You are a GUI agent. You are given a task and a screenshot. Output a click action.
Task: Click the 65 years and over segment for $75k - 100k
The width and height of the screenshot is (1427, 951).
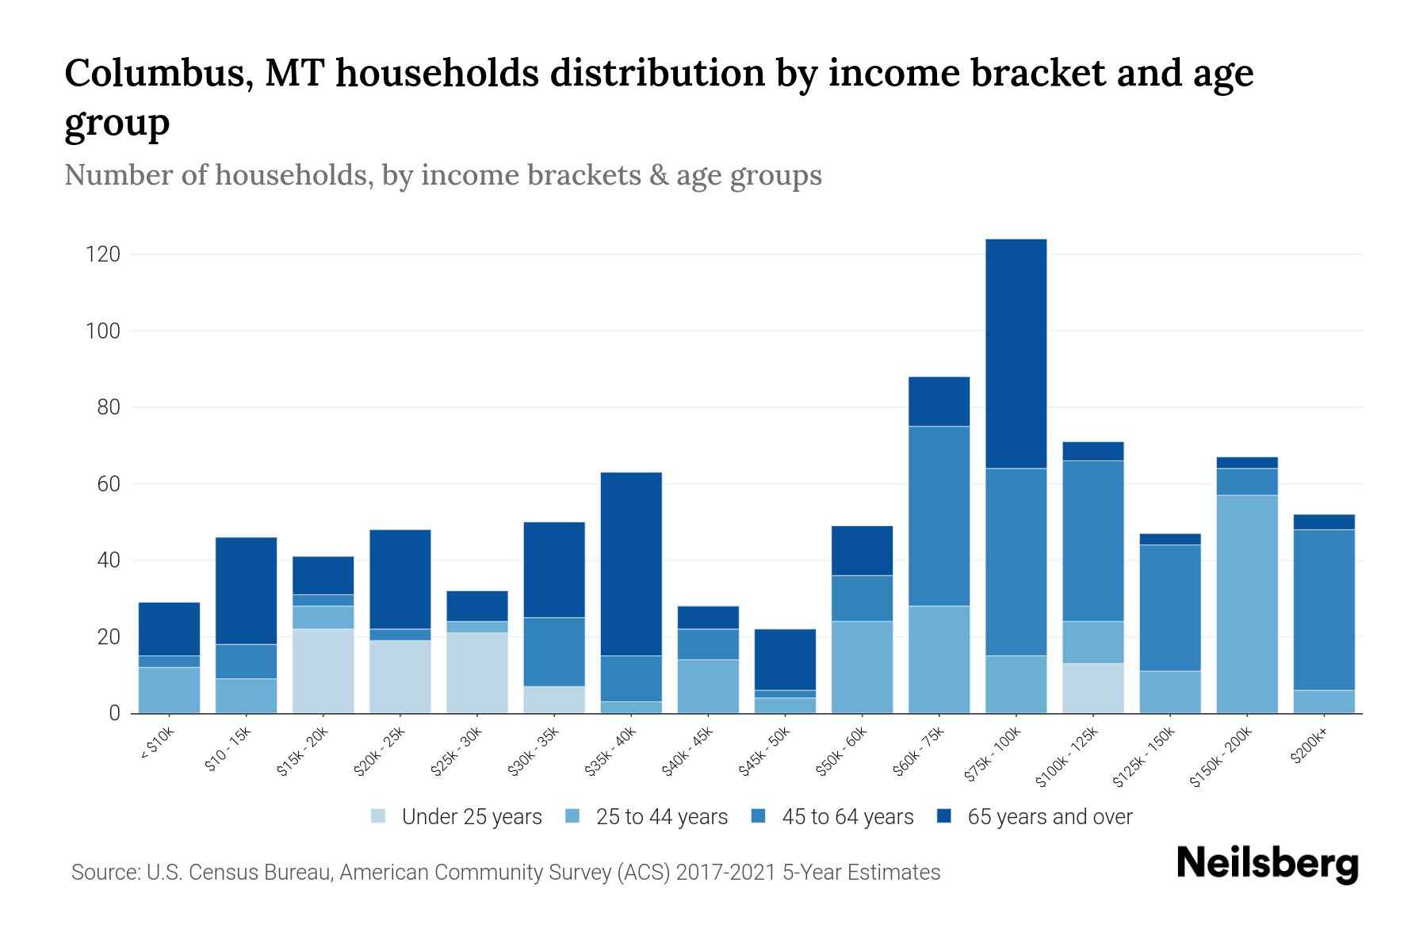[x=1016, y=353]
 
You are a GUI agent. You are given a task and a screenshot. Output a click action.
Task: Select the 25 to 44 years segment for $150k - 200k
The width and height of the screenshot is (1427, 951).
[x=1246, y=604]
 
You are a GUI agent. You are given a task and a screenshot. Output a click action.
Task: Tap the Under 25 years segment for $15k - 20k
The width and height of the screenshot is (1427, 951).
[x=323, y=670]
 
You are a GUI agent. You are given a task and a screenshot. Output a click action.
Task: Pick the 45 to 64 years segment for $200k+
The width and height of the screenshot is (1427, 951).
[x=1323, y=609]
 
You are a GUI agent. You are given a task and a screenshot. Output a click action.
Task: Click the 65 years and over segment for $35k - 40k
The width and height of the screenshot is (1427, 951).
[x=631, y=563]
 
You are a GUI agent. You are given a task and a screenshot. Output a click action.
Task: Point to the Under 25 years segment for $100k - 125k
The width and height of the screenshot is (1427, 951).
[x=1092, y=688]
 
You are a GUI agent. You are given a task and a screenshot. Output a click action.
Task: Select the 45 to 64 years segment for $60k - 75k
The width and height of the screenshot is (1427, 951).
[x=939, y=516]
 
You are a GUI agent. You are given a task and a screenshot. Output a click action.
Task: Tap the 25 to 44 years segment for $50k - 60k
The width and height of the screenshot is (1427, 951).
[x=862, y=666]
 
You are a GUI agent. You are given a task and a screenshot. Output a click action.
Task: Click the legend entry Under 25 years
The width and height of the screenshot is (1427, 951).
[x=471, y=816]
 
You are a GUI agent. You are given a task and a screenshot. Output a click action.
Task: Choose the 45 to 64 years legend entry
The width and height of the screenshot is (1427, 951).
[x=847, y=816]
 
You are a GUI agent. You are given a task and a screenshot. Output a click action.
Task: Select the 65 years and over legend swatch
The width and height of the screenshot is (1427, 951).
[x=944, y=815]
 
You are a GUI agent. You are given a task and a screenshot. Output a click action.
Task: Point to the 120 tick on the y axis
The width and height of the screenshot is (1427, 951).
[x=103, y=254]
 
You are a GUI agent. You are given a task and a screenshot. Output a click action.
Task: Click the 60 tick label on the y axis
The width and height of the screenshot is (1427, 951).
[x=109, y=483]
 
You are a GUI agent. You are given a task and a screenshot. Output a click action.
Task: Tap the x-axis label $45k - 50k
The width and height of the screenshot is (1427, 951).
[x=763, y=751]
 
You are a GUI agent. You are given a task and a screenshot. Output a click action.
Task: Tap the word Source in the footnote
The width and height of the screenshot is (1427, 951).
[x=105, y=873]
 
